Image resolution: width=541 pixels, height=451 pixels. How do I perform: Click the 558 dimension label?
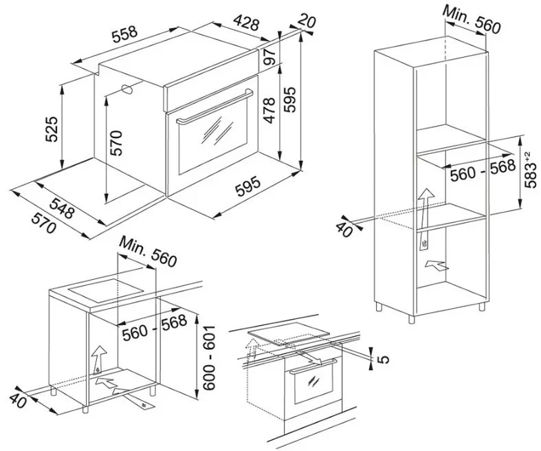click(124, 34)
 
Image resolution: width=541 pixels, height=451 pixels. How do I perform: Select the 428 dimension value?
click(246, 23)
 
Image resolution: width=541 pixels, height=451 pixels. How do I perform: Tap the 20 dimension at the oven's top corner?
click(306, 21)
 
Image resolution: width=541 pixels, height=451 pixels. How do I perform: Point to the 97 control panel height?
click(269, 57)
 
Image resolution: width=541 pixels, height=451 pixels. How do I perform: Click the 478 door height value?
click(269, 111)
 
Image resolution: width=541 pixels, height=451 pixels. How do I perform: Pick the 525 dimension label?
click(52, 129)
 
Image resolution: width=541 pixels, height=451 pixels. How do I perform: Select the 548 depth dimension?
click(62, 208)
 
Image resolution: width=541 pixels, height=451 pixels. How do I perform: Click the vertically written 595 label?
click(290, 100)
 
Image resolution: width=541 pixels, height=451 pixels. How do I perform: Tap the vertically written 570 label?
click(116, 142)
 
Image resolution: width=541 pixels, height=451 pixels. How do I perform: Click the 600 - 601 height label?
click(209, 357)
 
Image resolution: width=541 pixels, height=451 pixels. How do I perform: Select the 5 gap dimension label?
click(384, 359)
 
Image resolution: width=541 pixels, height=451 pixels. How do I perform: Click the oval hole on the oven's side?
click(127, 89)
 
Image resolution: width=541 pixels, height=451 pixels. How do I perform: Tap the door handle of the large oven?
click(214, 107)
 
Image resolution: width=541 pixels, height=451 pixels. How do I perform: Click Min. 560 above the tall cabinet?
click(472, 20)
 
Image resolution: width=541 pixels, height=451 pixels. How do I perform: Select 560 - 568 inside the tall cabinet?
click(483, 170)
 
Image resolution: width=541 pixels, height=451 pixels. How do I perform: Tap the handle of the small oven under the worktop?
click(313, 366)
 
